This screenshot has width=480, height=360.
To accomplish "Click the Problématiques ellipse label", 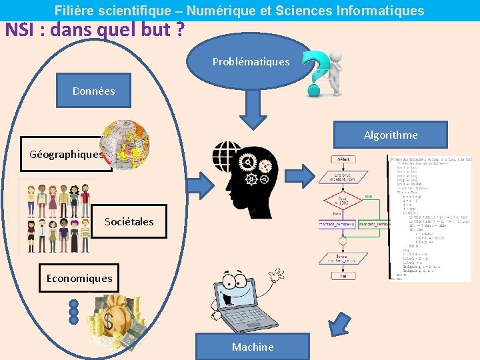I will click(x=251, y=62).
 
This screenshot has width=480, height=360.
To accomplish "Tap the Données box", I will click(x=94, y=91).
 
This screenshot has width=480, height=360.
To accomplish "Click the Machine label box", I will click(x=253, y=347).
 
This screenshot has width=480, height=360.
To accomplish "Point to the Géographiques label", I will click(x=66, y=155).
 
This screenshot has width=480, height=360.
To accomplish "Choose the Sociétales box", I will click(x=129, y=221).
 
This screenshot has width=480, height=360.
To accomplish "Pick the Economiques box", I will click(x=79, y=278).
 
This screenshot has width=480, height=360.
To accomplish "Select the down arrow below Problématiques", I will click(x=252, y=108).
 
